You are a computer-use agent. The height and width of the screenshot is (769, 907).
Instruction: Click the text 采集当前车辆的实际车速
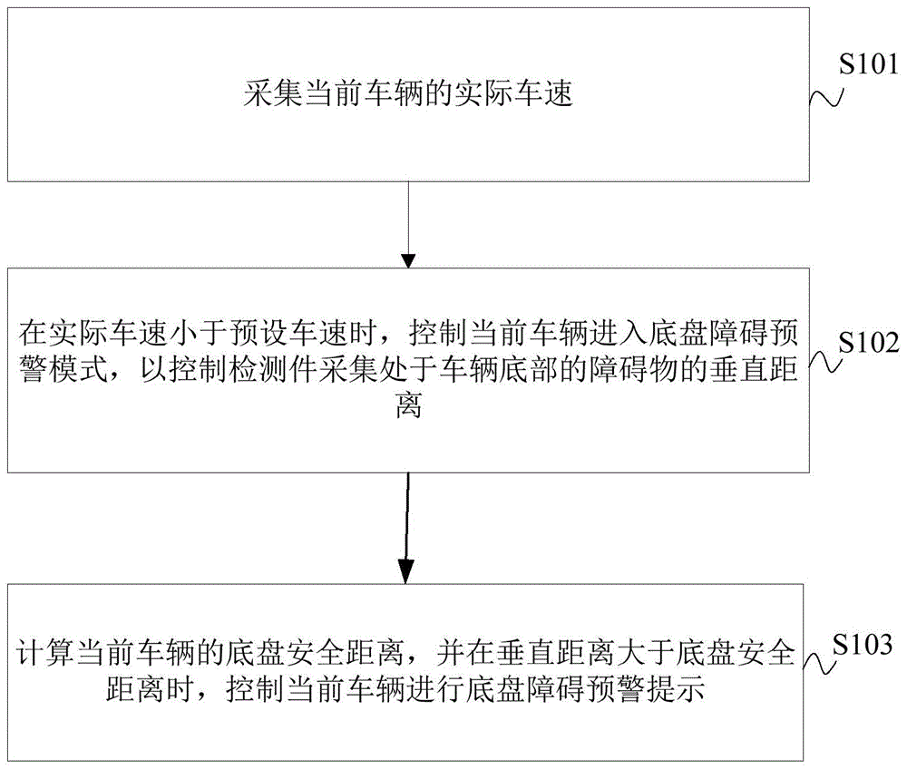point(408,94)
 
